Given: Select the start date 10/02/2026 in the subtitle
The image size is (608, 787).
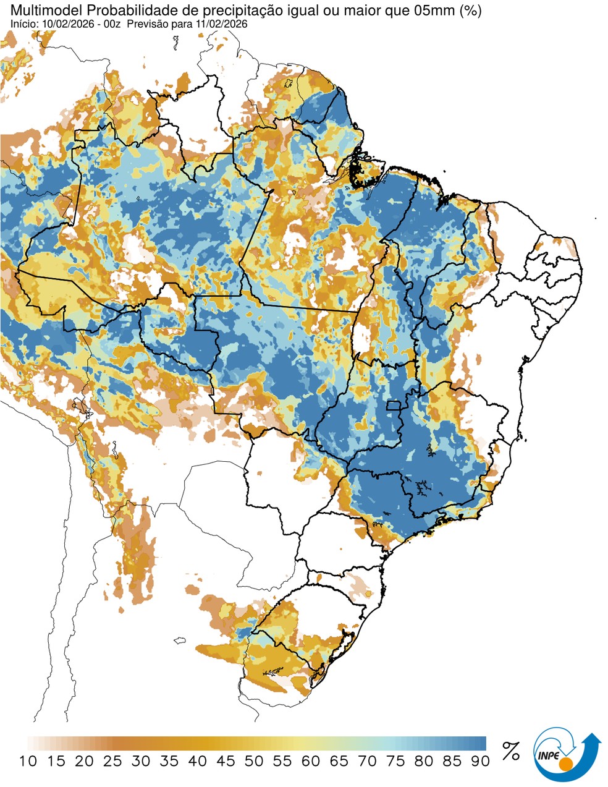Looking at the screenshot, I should pos(61,23).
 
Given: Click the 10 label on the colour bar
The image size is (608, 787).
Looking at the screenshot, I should pos(28,762).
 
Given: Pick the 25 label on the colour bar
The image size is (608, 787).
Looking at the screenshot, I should pos(112,762).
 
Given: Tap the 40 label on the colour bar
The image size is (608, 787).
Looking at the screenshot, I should pos(197,762).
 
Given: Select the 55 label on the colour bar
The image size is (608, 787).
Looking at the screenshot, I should pos(282,762).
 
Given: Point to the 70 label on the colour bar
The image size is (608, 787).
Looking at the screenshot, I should pos(367,762).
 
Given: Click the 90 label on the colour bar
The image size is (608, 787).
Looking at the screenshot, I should pos(480,762).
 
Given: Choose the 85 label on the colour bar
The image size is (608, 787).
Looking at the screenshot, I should pos(452,762).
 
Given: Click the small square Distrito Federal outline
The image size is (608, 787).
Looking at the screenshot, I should pos(392,406).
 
